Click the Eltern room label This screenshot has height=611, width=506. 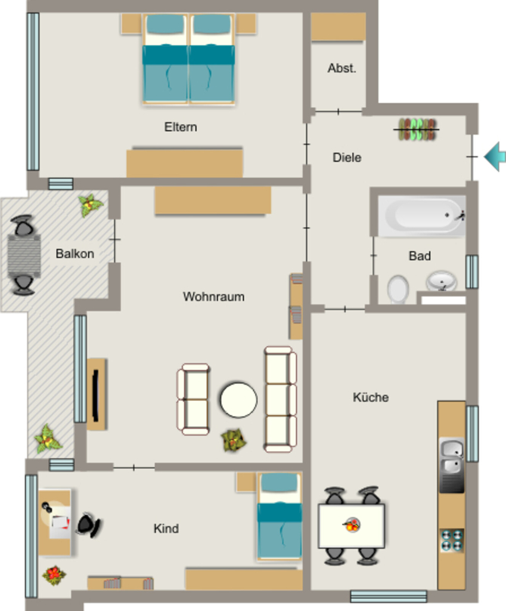(181, 127)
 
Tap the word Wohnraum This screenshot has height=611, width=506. (214, 297)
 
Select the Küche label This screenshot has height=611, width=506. (371, 397)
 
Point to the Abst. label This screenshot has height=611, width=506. (342, 68)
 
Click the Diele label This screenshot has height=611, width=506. (347, 158)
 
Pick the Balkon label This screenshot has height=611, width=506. (74, 254)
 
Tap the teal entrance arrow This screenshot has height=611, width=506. (495, 157)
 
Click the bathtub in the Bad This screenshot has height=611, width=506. (422, 216)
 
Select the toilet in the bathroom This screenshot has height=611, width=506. (398, 289)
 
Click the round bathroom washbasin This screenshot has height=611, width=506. (442, 280)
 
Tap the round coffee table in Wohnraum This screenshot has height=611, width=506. (238, 400)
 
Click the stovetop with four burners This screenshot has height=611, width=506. (452, 541)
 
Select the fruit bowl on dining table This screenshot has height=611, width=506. (352, 524)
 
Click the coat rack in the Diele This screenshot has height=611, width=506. (416, 129)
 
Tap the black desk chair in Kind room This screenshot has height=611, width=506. (89, 525)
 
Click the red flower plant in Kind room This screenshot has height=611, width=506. (54, 575)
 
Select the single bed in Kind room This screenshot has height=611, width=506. (280, 517)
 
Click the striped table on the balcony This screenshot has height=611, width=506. (24, 255)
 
